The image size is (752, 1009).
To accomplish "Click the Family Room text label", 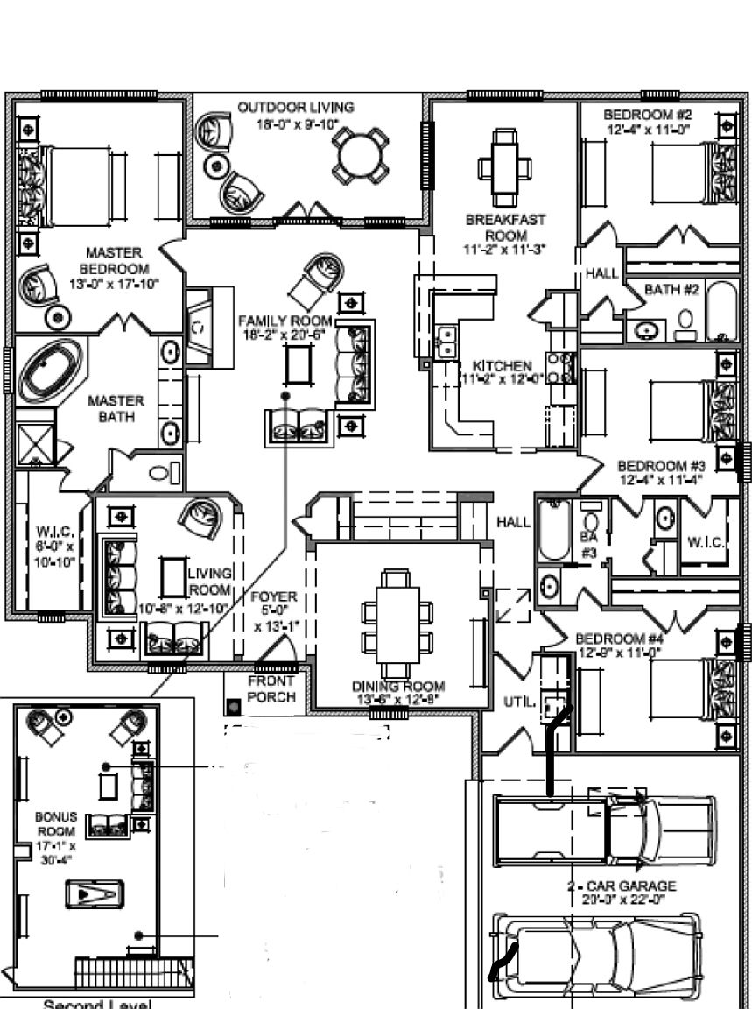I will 286,328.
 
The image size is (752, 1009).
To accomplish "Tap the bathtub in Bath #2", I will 723,312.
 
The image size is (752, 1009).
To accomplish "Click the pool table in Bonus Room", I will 94,894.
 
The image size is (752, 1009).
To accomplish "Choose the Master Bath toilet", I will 160,474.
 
